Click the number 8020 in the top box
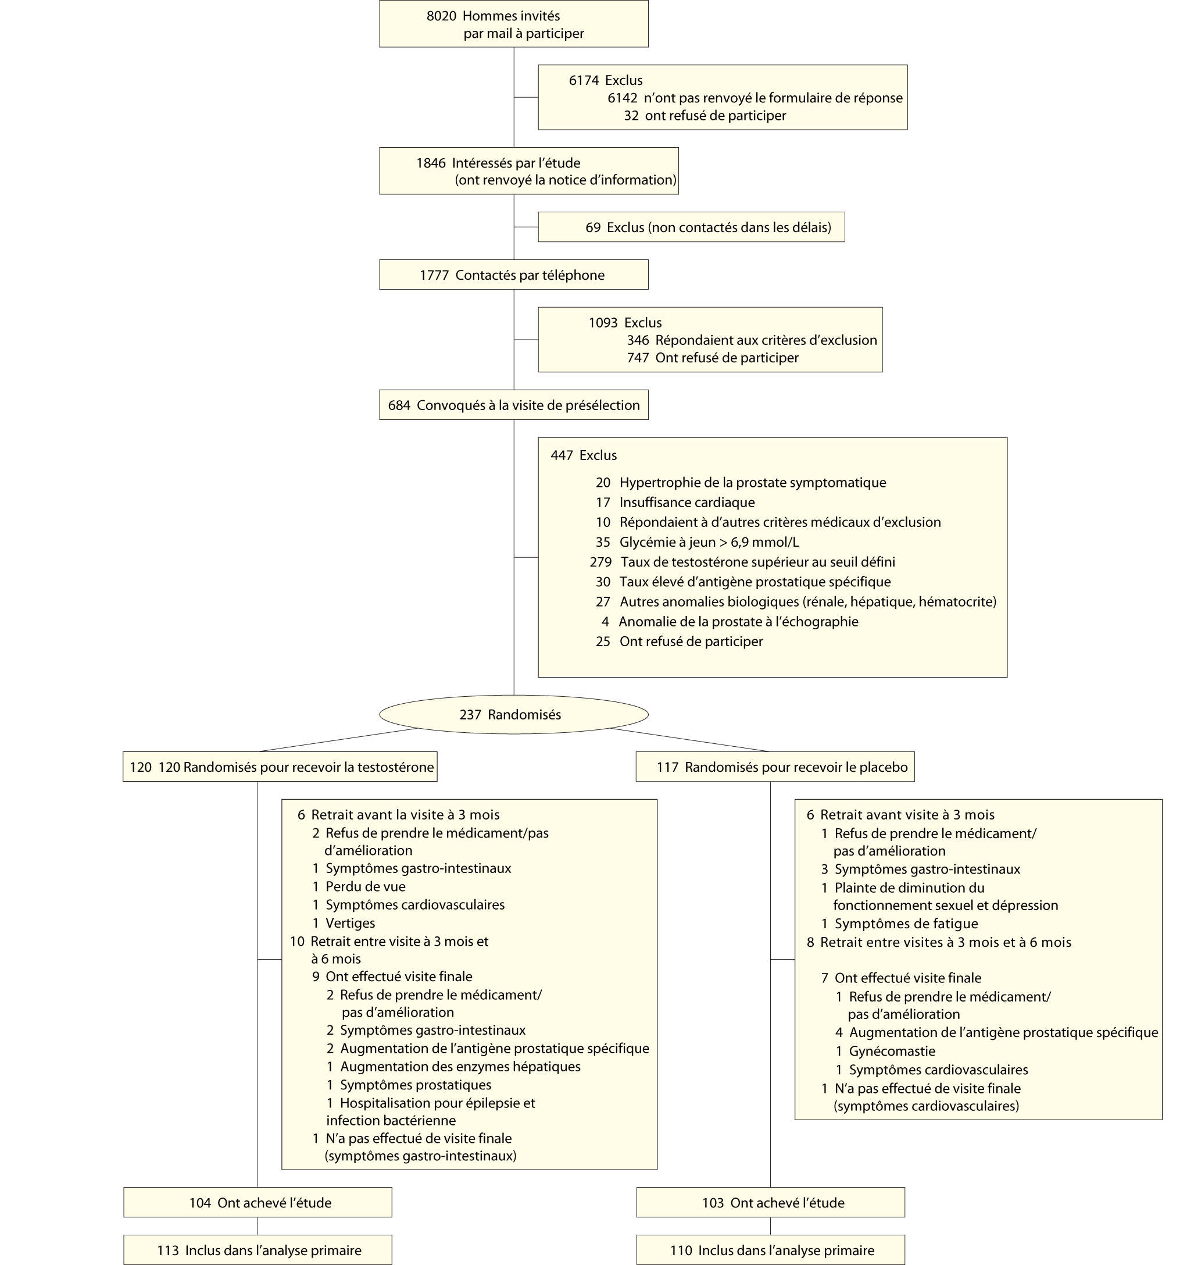coord(441,16)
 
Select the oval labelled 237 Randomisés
coord(513,715)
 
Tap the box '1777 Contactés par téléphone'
coord(513,275)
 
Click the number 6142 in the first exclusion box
coord(622,98)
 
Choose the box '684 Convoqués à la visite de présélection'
coord(513,405)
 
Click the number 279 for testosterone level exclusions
coord(600,562)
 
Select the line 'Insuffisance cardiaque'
coord(687,503)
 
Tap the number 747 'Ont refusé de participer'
coord(638,358)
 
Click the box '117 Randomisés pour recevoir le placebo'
coord(775,767)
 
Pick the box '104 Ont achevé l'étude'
coord(258,1203)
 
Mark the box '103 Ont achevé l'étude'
coord(770,1203)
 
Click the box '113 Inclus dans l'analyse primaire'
coord(258,1250)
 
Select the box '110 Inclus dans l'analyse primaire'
coord(770,1250)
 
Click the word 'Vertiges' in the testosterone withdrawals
coord(350,922)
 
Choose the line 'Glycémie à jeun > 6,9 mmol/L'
coord(709,542)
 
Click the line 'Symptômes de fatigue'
coord(906,923)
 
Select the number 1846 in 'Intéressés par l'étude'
coord(431,163)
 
